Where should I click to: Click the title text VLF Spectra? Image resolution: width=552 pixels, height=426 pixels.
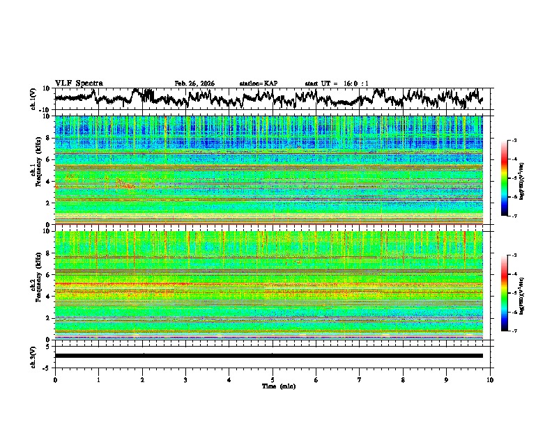pyautogui.click(x=79, y=84)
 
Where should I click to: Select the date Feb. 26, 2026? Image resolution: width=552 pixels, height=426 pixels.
pyautogui.click(x=194, y=84)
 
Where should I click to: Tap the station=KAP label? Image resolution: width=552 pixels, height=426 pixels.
pyautogui.click(x=259, y=84)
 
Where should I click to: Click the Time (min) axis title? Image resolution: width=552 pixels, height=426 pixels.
pyautogui.click(x=273, y=386)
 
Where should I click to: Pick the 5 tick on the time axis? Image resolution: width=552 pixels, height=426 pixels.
pyautogui.click(x=273, y=379)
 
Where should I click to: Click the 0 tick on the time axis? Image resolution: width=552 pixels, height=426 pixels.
pyautogui.click(x=55, y=379)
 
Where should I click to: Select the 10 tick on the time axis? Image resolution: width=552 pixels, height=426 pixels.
pyautogui.click(x=490, y=379)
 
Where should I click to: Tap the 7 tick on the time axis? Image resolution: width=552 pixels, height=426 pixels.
pyautogui.click(x=360, y=379)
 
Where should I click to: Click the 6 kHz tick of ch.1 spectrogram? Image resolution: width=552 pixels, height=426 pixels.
pyautogui.click(x=47, y=159)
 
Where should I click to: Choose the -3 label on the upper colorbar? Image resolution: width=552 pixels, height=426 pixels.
pyautogui.click(x=514, y=141)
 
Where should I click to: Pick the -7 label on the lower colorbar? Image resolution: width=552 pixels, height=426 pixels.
pyautogui.click(x=514, y=331)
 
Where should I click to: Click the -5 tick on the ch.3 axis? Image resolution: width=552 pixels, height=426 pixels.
pyautogui.click(x=47, y=367)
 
